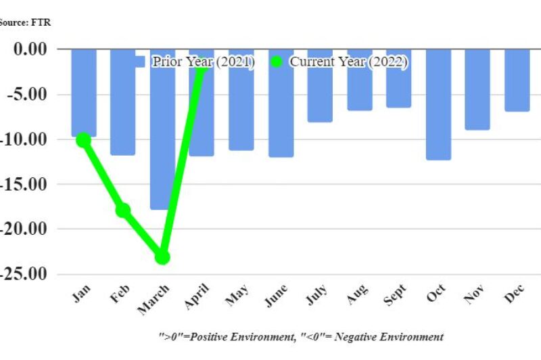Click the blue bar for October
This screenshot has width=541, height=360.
click(x=438, y=105)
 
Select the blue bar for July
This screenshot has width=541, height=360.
click(x=320, y=85)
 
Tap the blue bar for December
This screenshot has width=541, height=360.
click(x=517, y=81)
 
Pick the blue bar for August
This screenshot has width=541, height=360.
click(x=360, y=80)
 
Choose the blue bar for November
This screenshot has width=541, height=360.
click(x=477, y=90)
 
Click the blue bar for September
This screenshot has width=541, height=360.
click(x=399, y=78)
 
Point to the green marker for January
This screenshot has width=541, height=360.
click(x=83, y=140)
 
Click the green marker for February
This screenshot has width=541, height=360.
click(x=123, y=210)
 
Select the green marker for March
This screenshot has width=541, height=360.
click(x=162, y=257)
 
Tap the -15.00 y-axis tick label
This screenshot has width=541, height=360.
click(x=23, y=184)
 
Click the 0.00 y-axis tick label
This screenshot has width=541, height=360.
click(x=30, y=49)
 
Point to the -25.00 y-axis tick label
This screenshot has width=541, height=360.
click(x=23, y=274)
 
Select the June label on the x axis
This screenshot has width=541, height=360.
click(x=276, y=296)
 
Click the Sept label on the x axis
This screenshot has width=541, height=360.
click(x=395, y=295)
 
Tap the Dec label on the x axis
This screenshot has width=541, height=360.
click(x=515, y=294)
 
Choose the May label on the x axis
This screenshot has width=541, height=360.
click(x=237, y=295)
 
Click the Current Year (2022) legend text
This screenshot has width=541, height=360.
click(x=348, y=62)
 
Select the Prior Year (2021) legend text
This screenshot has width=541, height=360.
click(x=204, y=62)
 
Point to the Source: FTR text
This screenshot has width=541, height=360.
click(x=25, y=22)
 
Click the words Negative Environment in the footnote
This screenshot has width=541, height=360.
click(x=389, y=336)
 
